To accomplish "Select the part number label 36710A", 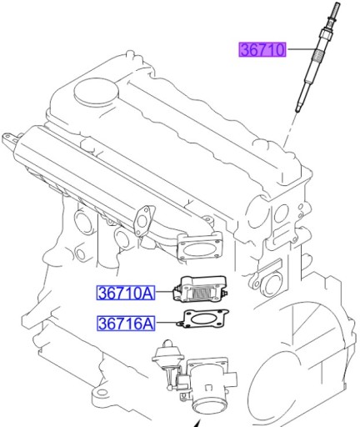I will click(125, 293).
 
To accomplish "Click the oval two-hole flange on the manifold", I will click(146, 219).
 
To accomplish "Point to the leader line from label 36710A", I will click(164, 293).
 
